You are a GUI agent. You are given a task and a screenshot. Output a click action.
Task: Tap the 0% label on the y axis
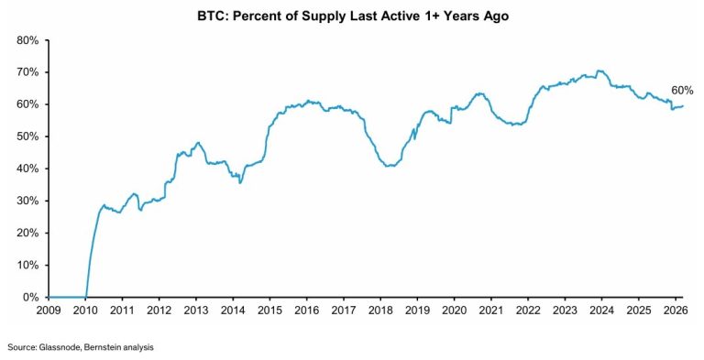click(x=29, y=297)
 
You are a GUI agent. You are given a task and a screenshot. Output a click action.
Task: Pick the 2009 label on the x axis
click(x=49, y=311)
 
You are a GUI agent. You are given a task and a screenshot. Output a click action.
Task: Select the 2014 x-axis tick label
click(x=233, y=311)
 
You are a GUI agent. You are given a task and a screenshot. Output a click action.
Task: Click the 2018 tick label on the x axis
click(x=380, y=311)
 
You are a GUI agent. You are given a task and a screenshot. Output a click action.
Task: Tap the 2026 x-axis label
click(x=675, y=311)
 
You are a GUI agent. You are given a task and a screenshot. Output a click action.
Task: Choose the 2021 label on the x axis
click(x=490, y=311)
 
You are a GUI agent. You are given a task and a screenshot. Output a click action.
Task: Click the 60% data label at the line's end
click(x=682, y=91)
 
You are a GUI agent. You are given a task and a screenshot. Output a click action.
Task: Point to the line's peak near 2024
click(x=599, y=71)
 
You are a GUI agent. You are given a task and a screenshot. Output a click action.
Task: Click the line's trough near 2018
click(x=390, y=166)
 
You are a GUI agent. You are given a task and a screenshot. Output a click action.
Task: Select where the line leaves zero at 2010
click(x=86, y=296)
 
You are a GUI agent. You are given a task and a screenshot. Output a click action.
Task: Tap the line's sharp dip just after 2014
click(x=240, y=182)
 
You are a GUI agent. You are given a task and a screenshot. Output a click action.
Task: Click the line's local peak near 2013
click(x=198, y=143)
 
